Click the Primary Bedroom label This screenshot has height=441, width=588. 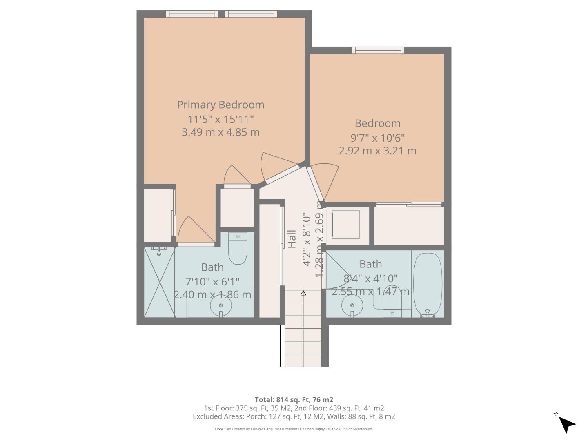[220, 105]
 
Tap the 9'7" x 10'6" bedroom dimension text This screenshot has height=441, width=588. [377, 138]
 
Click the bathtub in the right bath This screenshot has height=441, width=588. [428, 284]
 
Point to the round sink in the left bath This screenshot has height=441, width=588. [221, 305]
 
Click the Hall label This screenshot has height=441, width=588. [292, 239]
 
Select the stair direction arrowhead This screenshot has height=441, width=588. [303, 293]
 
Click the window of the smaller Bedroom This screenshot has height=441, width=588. [378, 50]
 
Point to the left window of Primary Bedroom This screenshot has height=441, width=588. [192, 14]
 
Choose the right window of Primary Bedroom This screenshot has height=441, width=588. [251, 14]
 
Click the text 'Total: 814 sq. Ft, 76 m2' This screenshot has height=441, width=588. [294, 399]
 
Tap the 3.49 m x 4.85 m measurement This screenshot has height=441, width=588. [220, 132]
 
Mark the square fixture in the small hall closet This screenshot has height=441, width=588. [346, 224]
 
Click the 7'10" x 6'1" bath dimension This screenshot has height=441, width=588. [212, 282]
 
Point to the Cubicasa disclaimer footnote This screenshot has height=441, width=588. [294, 429]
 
